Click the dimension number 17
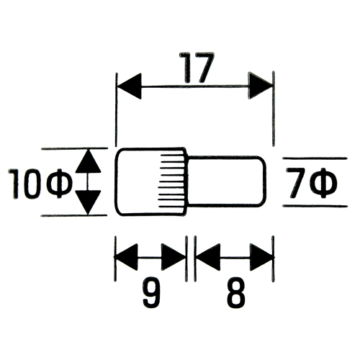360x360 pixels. [197, 67]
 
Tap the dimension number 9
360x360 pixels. [151, 293]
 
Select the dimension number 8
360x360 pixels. [236, 293]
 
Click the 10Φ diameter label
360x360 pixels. [40, 184]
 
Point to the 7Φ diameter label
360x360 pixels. [312, 183]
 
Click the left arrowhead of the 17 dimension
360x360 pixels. [129, 86]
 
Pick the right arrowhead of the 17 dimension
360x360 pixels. [261, 85]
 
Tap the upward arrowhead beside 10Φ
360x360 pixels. [88, 161]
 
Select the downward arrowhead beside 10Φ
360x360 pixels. [88, 202]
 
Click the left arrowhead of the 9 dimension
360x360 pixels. [127, 257]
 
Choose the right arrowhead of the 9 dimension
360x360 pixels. [174, 257]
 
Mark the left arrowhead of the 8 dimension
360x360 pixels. [208, 257]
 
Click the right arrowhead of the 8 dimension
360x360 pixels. [262, 257]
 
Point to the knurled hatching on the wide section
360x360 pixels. [172, 181]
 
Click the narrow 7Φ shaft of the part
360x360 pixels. [227, 181]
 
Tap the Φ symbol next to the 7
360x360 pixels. [325, 183]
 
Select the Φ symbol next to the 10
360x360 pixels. [60, 184]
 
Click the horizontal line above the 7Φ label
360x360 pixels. [315, 158]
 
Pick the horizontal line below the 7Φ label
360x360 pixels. [315, 206]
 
